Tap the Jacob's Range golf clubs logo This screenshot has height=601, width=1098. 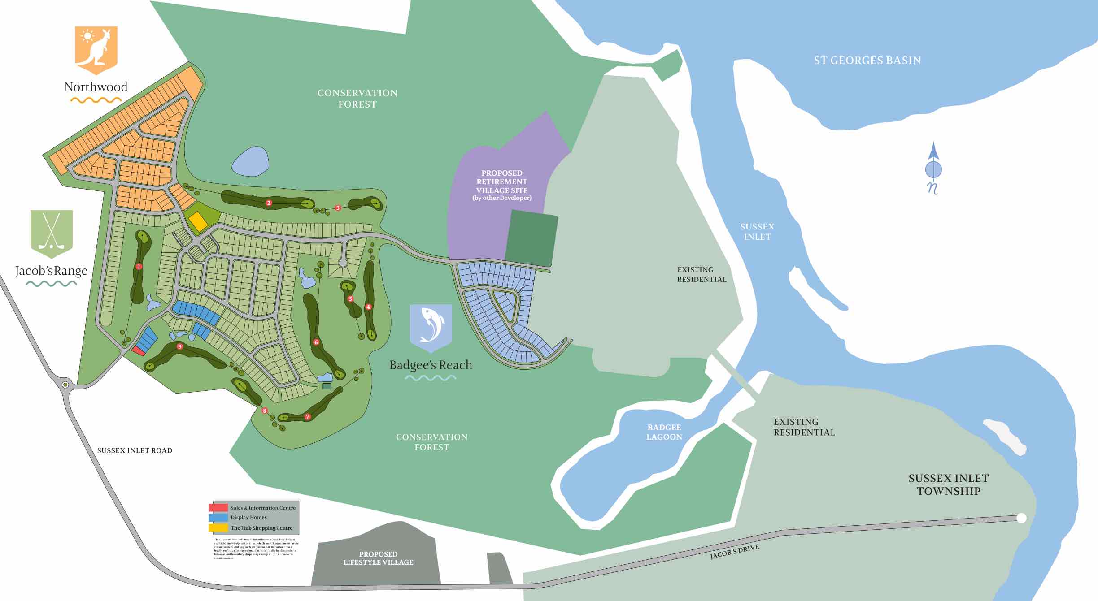[52, 233]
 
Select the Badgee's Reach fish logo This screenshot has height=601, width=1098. [431, 327]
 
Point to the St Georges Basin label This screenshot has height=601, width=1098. [867, 61]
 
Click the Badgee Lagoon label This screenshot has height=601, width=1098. [664, 432]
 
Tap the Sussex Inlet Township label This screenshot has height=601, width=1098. [948, 484]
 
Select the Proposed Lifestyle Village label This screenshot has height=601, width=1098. [378, 558]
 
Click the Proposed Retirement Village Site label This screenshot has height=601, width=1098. [501, 185]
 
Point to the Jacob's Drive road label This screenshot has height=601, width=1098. [734, 552]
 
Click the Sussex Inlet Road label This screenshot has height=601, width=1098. [135, 450]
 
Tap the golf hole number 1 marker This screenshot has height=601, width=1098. [139, 267]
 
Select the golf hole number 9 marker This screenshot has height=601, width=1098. [180, 346]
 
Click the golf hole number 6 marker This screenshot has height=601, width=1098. [316, 342]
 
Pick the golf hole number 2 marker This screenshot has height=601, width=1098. [269, 203]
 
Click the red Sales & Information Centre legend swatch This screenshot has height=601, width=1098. [218, 507]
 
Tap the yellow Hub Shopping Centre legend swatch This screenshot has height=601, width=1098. [218, 527]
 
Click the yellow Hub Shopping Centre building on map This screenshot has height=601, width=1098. [197, 221]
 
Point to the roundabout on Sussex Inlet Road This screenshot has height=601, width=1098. [65, 385]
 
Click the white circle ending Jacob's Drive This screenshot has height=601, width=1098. [1021, 518]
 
